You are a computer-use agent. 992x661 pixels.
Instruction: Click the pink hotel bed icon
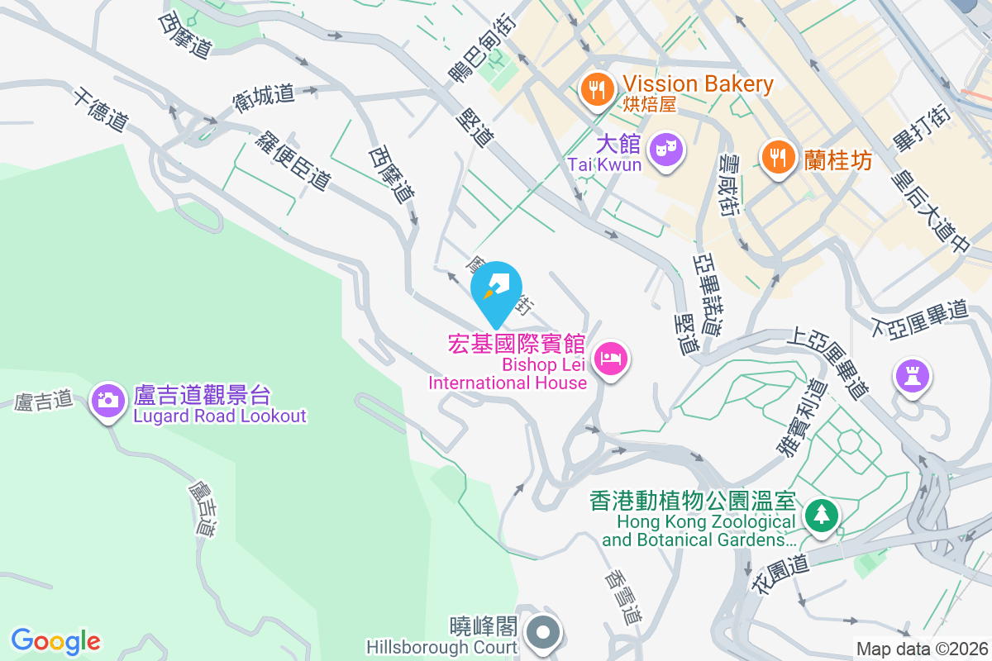coord(611,359)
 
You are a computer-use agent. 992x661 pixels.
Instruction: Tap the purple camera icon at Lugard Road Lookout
coord(107,401)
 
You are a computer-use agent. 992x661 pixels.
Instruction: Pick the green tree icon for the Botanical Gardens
coord(822,516)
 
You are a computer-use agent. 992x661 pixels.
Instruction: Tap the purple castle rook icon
coord(913,377)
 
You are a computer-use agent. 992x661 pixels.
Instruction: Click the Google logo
coord(56,641)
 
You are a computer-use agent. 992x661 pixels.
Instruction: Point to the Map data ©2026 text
coord(922,649)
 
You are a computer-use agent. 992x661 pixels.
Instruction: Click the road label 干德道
coord(100,110)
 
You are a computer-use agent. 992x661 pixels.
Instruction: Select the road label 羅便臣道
coord(293,161)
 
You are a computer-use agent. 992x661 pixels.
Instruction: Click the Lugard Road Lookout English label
coord(220,416)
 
